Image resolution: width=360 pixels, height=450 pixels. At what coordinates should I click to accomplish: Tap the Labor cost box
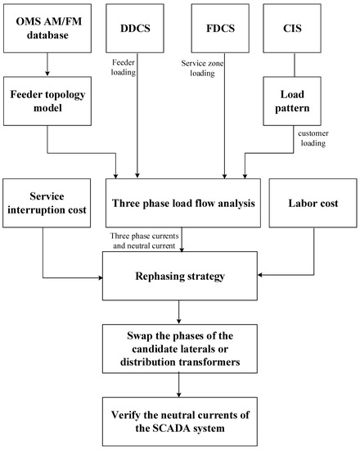313,201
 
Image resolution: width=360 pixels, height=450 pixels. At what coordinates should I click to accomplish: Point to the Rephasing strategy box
181,275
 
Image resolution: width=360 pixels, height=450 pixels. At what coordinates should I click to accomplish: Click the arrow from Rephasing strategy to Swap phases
181,312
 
